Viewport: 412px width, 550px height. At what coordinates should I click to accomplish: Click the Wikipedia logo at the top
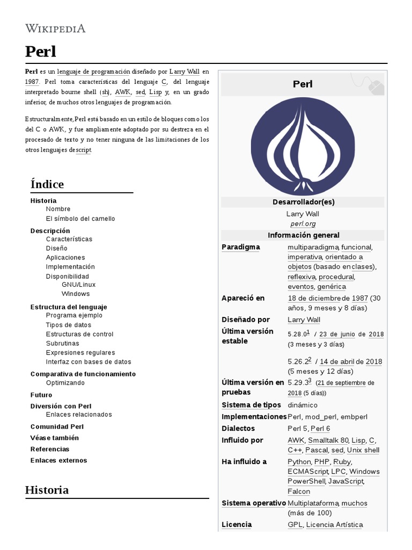point(55,28)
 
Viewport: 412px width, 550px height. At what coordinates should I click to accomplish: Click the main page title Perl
point(41,52)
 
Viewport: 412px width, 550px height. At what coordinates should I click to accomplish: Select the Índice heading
point(47,184)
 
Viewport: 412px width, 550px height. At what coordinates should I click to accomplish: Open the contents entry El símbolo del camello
point(80,219)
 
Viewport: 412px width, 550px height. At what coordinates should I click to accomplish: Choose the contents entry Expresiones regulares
point(80,352)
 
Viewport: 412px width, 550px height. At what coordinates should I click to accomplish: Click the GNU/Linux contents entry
point(78,285)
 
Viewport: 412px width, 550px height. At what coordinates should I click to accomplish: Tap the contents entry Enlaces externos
point(58,460)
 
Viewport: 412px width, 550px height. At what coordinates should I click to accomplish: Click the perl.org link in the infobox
point(303,223)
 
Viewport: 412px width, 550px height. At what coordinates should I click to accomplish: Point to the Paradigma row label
point(240,247)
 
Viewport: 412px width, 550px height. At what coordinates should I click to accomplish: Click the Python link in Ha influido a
point(299,462)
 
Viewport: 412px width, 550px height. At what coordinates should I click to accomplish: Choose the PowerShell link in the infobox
point(306,481)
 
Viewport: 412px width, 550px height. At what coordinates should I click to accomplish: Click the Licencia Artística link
point(335,525)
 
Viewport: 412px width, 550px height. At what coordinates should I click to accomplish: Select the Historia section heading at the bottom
point(47,490)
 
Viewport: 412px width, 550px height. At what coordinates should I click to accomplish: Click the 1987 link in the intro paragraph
point(32,82)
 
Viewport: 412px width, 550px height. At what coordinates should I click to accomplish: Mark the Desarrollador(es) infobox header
point(303,202)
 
